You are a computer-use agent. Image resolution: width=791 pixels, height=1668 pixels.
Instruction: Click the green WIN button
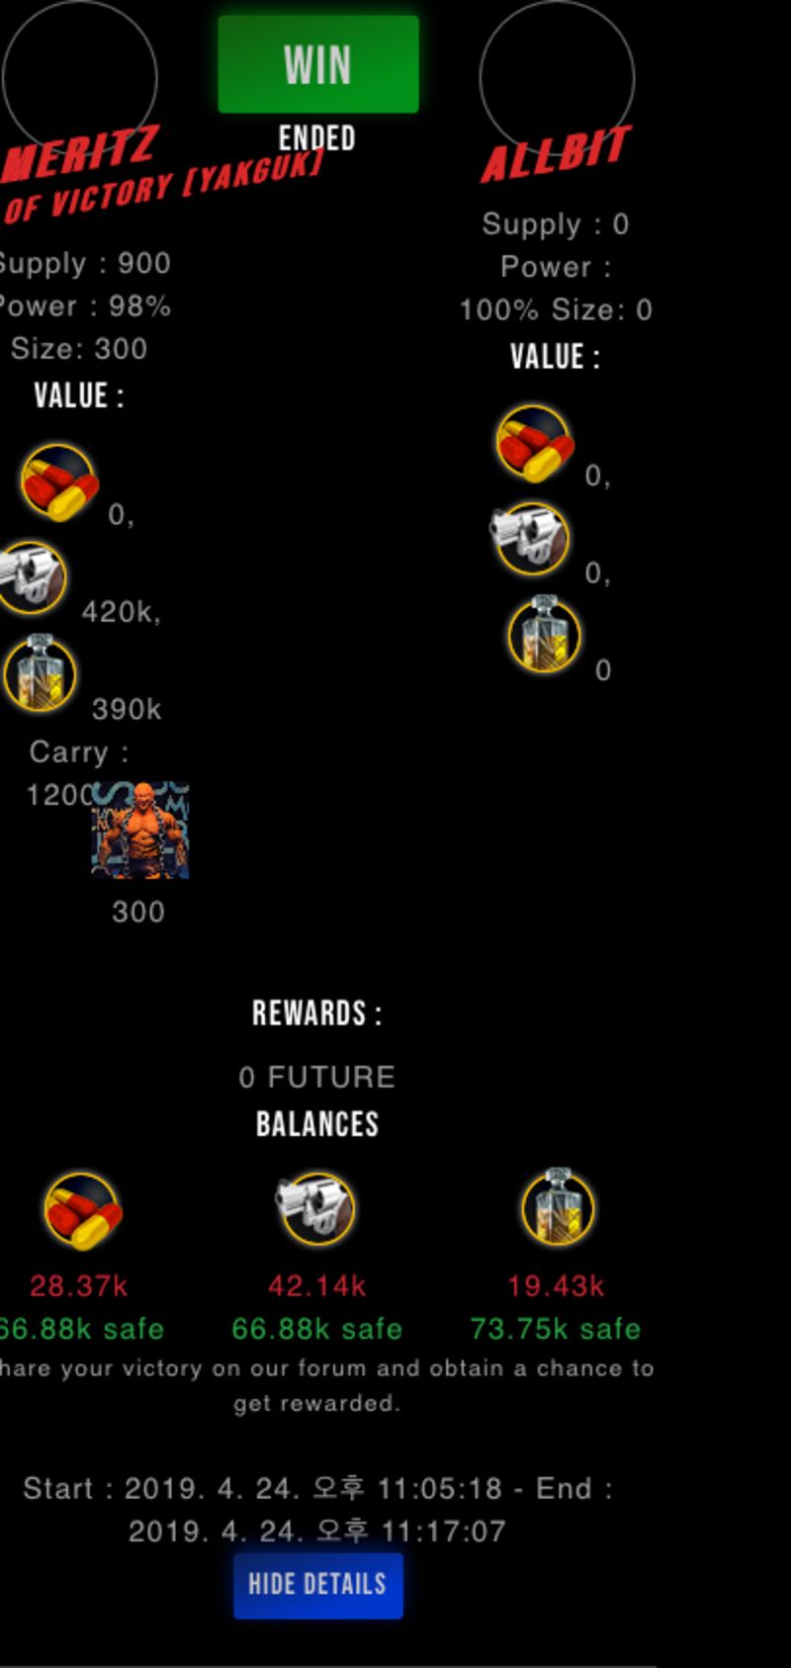[317, 64]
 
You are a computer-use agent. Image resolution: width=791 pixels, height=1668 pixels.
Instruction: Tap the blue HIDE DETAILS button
[317, 1584]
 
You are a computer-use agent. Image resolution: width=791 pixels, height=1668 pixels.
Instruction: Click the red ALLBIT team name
[556, 154]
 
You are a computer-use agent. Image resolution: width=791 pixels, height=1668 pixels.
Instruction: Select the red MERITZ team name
[79, 153]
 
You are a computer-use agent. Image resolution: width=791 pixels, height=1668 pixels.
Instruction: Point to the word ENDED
[316, 137]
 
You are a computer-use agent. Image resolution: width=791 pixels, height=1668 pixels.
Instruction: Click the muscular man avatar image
[140, 831]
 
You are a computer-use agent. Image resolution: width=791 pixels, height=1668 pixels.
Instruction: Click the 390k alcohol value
[127, 709]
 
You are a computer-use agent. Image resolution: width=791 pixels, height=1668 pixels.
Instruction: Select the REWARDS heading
[316, 1013]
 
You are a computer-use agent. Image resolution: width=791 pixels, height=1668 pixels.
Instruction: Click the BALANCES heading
[316, 1124]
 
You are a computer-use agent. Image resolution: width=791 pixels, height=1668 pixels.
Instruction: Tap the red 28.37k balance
[79, 1285]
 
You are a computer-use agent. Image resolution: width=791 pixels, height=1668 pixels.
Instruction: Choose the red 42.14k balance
[316, 1285]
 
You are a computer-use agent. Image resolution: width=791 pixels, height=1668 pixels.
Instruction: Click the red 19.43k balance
[556, 1285]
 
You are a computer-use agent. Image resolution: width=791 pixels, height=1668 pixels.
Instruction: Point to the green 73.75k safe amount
[556, 1328]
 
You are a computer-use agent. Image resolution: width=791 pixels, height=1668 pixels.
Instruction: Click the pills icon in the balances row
[82, 1210]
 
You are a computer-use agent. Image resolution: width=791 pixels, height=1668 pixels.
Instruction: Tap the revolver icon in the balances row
[315, 1207]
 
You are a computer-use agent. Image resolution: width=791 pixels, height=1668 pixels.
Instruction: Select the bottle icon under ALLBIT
[544, 635]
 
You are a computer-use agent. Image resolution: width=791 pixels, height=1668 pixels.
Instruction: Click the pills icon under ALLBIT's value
[534, 443]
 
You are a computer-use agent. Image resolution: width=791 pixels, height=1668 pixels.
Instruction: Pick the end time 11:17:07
[443, 1531]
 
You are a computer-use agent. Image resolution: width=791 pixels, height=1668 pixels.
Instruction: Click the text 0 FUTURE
[316, 1077]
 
